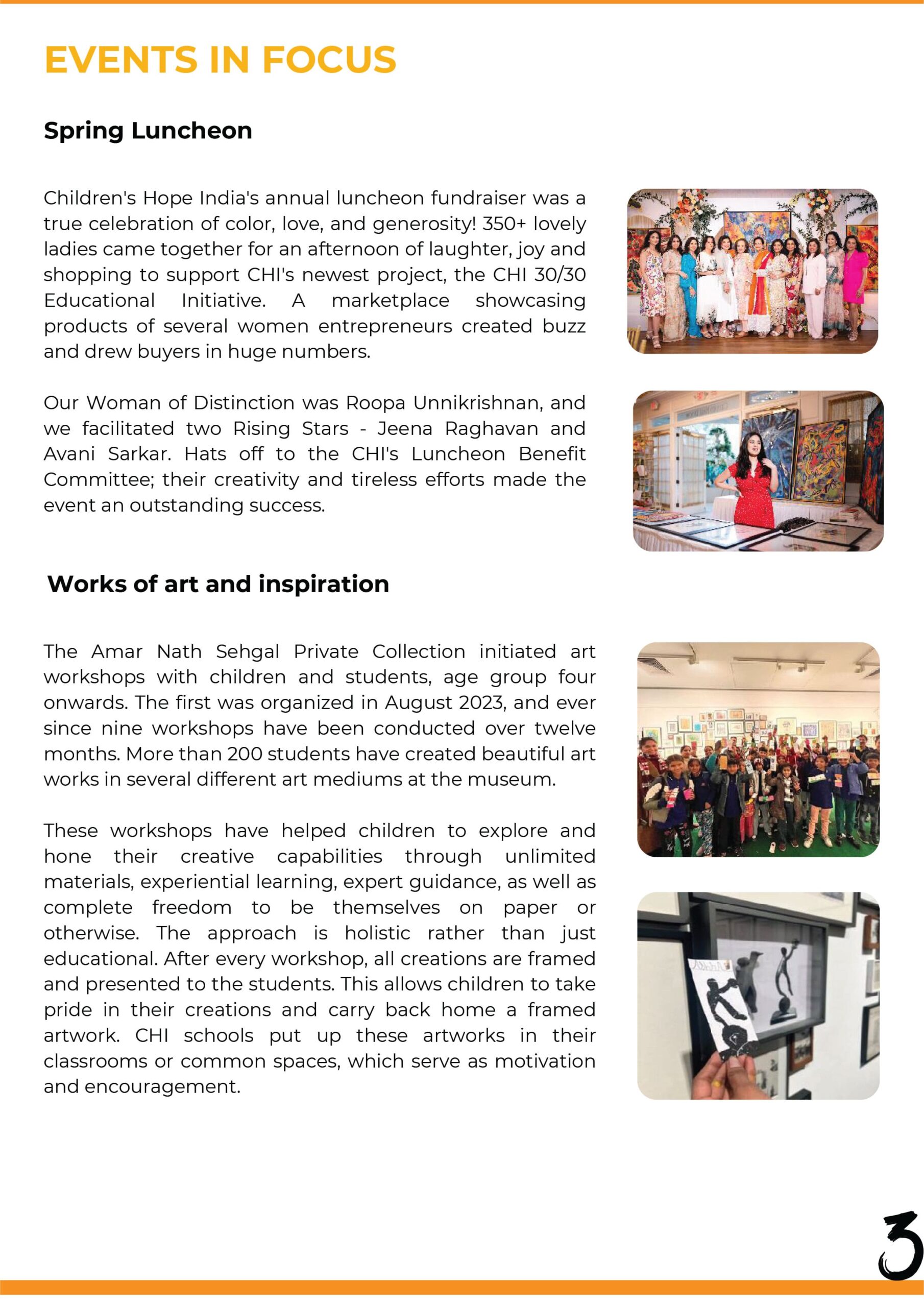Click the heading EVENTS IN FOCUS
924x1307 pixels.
pyautogui.click(x=220, y=60)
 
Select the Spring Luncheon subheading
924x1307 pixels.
pyautogui.click(x=148, y=130)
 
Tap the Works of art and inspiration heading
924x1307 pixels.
pyautogui.click(x=218, y=584)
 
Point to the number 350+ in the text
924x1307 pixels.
pyautogui.click(x=503, y=224)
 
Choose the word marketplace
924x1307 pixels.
pyautogui.click(x=390, y=300)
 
